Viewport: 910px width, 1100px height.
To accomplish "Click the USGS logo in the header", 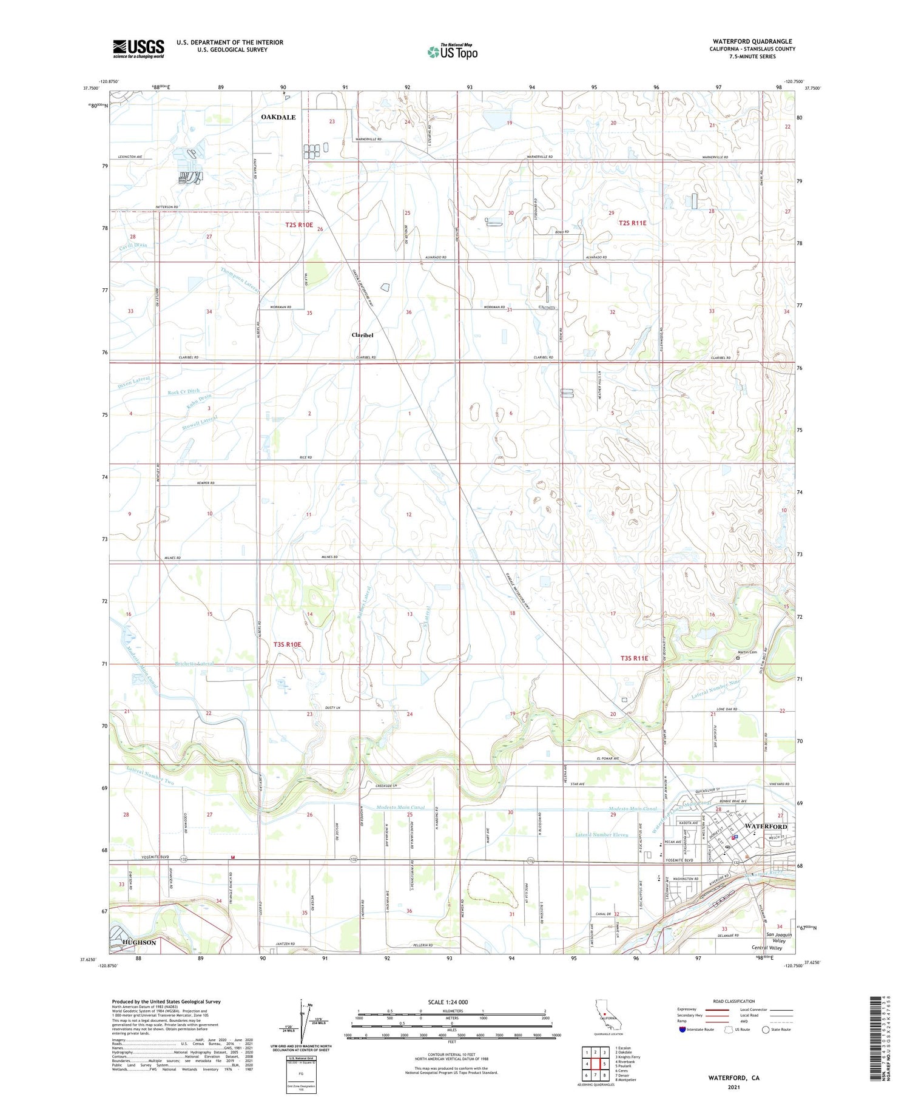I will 138,49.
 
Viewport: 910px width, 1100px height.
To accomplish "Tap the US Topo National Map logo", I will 453,52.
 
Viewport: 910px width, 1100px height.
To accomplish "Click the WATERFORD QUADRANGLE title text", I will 744,41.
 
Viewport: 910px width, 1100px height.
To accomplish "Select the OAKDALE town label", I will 278,117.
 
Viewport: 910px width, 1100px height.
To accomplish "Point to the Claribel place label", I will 363,335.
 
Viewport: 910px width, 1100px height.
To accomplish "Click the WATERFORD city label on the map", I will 766,827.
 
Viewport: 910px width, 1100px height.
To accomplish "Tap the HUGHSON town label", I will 139,943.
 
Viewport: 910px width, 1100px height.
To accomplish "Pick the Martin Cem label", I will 747,653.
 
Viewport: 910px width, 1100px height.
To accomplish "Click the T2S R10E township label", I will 299,225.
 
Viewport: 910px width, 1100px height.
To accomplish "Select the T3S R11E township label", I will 634,658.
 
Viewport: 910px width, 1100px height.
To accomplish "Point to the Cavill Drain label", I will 133,246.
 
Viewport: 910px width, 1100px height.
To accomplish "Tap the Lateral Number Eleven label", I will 601,835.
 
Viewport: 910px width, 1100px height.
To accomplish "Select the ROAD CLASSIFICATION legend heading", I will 734,1001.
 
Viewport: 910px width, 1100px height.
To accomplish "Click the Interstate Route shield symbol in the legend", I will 682,1030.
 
